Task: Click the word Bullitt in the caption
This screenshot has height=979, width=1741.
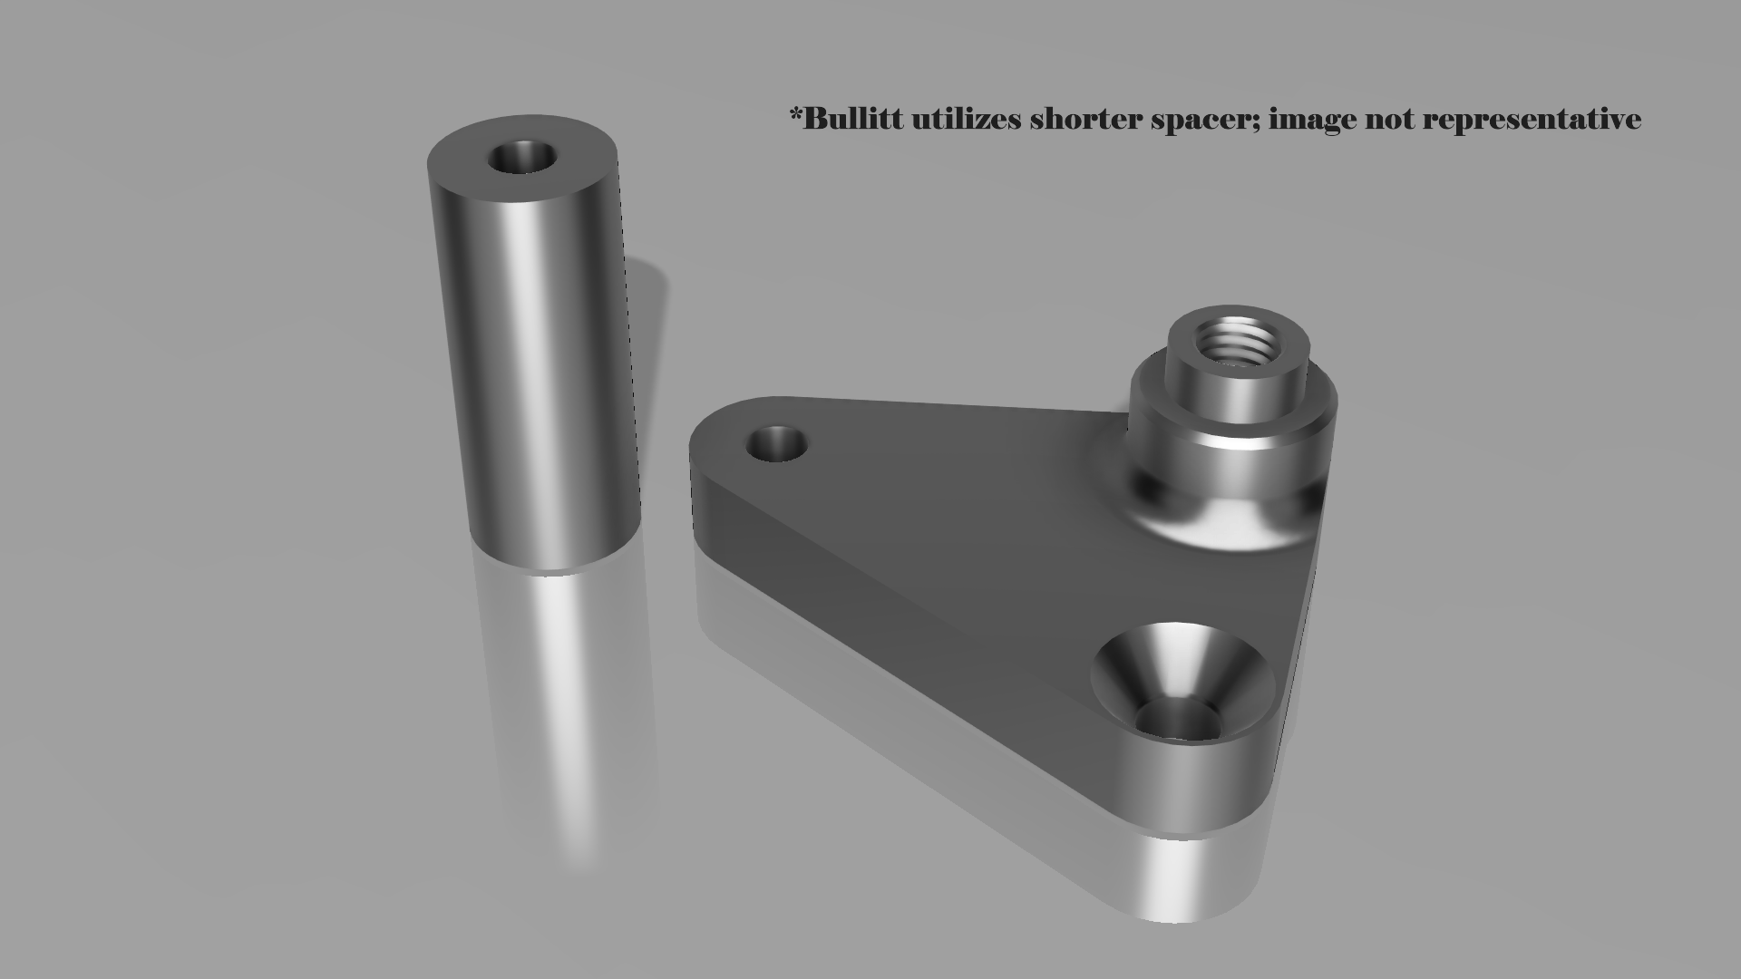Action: (853, 119)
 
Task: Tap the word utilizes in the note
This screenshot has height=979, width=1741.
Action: (966, 119)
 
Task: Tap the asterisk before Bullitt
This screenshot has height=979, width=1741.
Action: (796, 114)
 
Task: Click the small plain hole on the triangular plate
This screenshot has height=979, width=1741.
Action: (776, 444)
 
